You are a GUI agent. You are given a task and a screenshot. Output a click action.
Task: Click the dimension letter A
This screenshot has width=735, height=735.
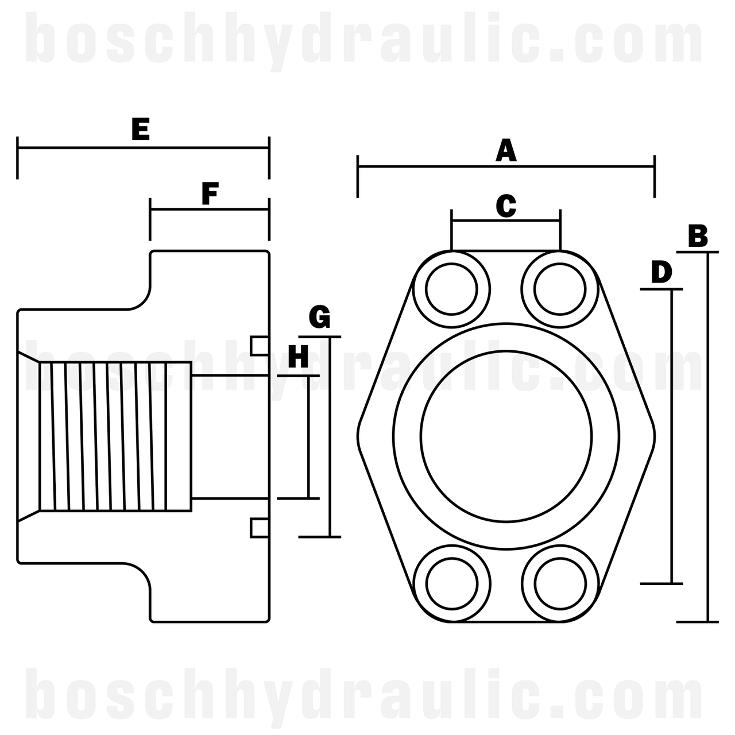pyautogui.click(x=506, y=150)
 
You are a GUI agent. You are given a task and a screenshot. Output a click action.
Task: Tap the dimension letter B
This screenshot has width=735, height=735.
pyautogui.click(x=698, y=236)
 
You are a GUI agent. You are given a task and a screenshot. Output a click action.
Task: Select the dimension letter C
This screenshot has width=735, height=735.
pyautogui.click(x=506, y=206)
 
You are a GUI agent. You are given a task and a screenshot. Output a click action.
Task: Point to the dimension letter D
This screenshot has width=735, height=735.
pyautogui.click(x=661, y=272)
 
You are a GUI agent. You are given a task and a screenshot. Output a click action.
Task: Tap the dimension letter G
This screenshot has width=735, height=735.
pyautogui.click(x=320, y=317)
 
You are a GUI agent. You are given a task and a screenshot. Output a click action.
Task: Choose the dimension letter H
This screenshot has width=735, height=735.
pyautogui.click(x=298, y=357)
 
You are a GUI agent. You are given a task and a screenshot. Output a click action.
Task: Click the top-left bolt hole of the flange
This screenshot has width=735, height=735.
pyautogui.click(x=452, y=289)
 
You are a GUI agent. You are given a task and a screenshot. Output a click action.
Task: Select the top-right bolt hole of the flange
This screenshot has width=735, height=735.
pyautogui.click(x=560, y=289)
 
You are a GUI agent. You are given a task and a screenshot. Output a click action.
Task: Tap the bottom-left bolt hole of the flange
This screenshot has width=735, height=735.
pyautogui.click(x=452, y=583)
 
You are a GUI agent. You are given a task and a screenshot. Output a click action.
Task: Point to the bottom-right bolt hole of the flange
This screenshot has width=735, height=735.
pyautogui.click(x=560, y=583)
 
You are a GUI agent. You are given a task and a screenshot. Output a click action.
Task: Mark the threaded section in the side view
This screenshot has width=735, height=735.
pyautogui.click(x=115, y=436)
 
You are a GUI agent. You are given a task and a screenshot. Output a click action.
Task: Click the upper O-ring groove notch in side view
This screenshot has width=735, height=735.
pyautogui.click(x=260, y=346)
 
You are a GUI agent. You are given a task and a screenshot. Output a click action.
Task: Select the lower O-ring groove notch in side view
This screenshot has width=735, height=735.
pyautogui.click(x=260, y=528)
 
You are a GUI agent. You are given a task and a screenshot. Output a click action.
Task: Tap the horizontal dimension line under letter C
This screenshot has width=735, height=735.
pyautogui.click(x=506, y=220)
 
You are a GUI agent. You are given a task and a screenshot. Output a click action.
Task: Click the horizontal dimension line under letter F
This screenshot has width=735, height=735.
pyautogui.click(x=210, y=210)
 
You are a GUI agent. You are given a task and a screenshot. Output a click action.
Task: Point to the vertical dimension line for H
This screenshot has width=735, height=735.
pyautogui.click(x=310, y=436)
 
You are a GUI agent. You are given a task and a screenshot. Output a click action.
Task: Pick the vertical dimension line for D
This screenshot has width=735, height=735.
pyautogui.click(x=671, y=436)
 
